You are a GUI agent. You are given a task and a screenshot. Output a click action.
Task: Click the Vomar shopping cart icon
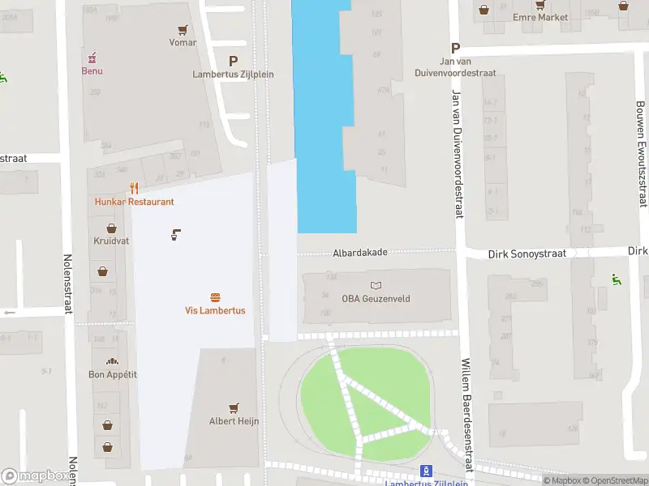pos(183,29)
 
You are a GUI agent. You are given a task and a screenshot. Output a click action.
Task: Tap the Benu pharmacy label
pos(92,70)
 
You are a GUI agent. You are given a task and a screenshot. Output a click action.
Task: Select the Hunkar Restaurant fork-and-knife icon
pos(134,189)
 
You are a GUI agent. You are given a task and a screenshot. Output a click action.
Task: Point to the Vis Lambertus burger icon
pos(215,298)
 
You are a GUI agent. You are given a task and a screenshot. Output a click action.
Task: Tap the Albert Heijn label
pos(234,420)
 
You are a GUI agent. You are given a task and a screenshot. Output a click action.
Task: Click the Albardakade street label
pos(360,253)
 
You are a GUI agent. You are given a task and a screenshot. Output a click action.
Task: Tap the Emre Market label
pos(540,17)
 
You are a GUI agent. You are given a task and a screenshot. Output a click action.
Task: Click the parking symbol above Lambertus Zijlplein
pos(234,61)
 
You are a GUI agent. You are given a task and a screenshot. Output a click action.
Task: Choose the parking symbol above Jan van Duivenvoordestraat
pos(455,48)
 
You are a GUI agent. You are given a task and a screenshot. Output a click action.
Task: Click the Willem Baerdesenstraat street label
pos(466,415)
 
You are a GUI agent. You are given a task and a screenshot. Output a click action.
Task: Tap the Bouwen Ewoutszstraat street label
pos(642,154)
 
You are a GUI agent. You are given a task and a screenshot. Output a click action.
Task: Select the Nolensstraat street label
pos(68,295)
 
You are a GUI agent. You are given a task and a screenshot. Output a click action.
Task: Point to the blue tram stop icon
pos(426,471)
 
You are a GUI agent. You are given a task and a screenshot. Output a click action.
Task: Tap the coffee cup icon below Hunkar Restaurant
pos(175,235)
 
